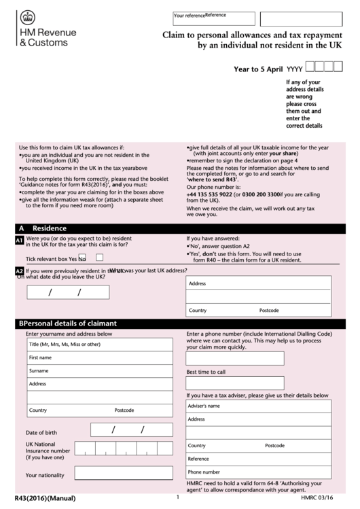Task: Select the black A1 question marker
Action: (19, 241)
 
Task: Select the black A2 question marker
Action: (19, 270)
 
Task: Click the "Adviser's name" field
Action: (258, 406)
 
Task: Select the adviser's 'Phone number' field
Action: (258, 471)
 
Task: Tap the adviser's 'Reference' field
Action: (258, 458)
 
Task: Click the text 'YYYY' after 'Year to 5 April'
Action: (294, 69)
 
